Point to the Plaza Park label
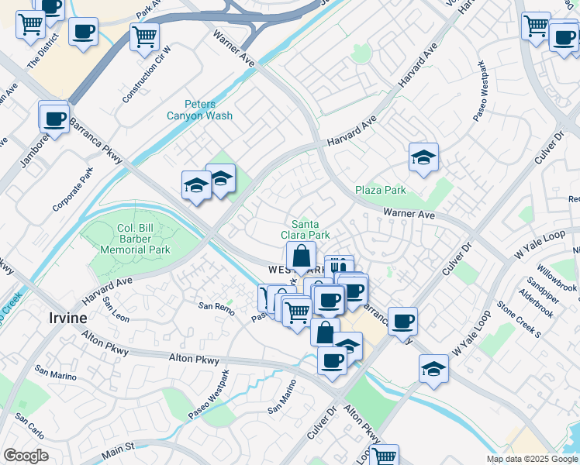[381, 190]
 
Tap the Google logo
[26, 456]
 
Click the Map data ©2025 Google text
[533, 459]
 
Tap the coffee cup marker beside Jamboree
[54, 119]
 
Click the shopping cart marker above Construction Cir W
[144, 36]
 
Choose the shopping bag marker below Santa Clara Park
[300, 255]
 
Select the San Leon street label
[116, 313]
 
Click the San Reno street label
[216, 307]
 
